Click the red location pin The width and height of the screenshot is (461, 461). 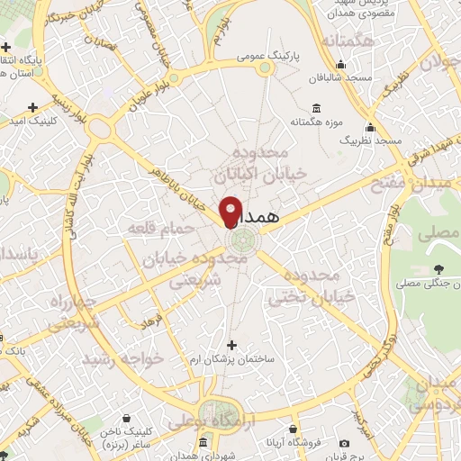pos(230,211)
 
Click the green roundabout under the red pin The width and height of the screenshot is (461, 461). pos(241,240)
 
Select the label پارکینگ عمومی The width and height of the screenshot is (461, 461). pos(268,56)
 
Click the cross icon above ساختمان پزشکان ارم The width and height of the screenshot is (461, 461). pos(231,345)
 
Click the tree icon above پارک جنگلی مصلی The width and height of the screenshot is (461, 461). pos(438,268)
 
